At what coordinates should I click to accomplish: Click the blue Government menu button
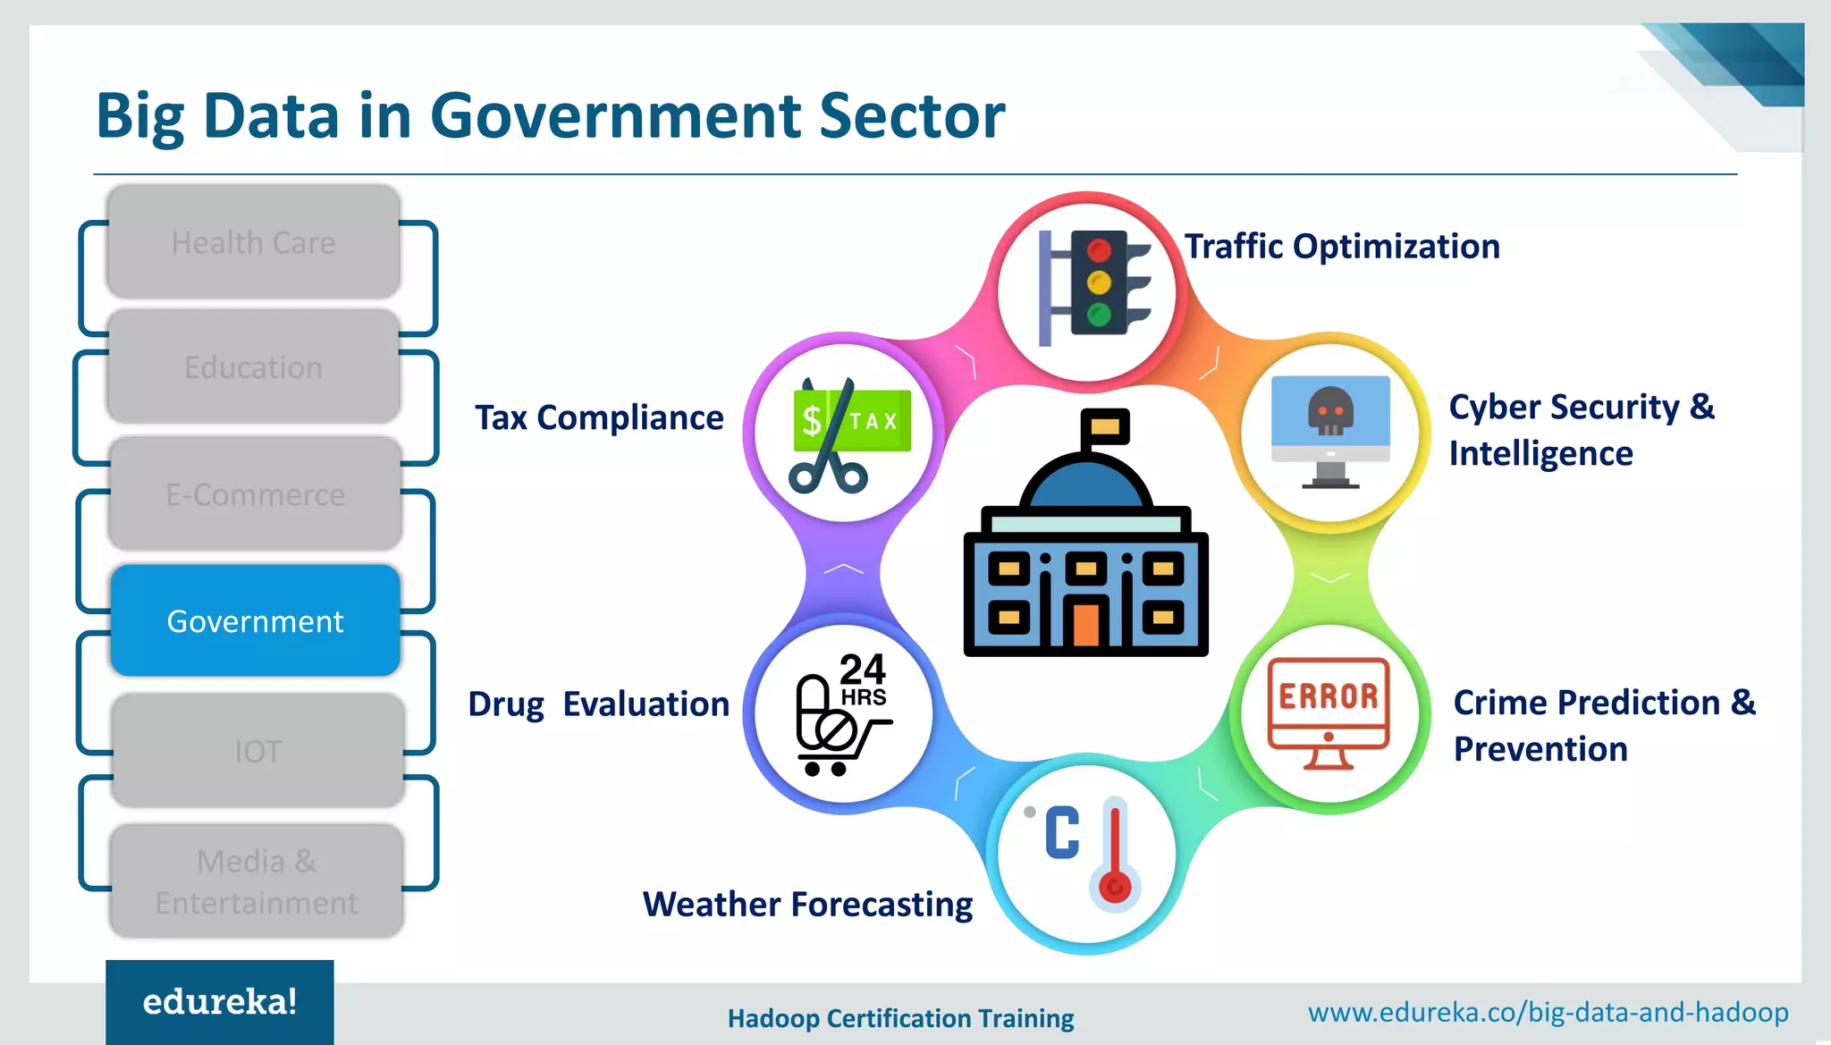(x=255, y=620)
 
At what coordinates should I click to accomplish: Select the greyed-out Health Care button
(x=253, y=242)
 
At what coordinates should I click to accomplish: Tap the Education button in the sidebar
(x=253, y=367)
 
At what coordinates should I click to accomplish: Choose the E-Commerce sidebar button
(x=255, y=494)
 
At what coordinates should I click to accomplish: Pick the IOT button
(x=257, y=751)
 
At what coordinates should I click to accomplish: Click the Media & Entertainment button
(x=257, y=881)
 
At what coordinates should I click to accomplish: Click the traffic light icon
(x=1098, y=284)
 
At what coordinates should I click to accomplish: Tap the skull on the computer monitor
(x=1330, y=412)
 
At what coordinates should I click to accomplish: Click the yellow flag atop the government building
(x=1105, y=426)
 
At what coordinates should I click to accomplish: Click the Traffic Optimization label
(x=1342, y=247)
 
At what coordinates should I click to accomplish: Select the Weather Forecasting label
(x=807, y=904)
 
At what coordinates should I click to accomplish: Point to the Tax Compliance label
(x=599, y=417)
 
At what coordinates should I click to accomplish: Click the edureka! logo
(x=220, y=1002)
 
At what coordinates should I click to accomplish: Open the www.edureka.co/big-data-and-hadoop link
(x=1548, y=1013)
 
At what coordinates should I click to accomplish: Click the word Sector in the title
(x=912, y=116)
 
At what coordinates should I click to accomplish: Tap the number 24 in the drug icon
(x=862, y=669)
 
